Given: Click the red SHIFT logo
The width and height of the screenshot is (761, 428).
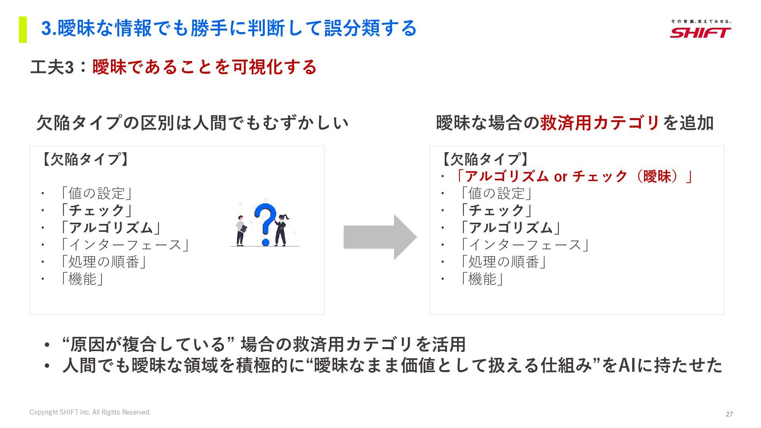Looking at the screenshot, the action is [x=700, y=32].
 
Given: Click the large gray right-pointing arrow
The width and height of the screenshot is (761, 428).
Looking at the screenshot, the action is [x=380, y=237].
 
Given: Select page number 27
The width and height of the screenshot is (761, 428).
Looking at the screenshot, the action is [x=729, y=414].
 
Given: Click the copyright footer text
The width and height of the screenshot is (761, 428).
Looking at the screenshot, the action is [x=90, y=412].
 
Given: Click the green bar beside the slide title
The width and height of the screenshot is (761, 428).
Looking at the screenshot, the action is [x=23, y=29].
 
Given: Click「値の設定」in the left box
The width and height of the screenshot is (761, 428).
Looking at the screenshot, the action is [x=96, y=193].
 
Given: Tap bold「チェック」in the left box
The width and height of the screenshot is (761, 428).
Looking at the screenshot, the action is [x=96, y=210].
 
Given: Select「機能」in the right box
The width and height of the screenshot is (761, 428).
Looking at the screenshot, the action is [x=482, y=279].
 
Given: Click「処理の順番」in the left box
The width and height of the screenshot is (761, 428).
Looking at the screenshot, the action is [x=103, y=262].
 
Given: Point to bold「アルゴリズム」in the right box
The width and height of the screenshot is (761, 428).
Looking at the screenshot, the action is [x=511, y=228].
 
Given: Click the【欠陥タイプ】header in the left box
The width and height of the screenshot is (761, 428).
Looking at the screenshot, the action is [x=85, y=159].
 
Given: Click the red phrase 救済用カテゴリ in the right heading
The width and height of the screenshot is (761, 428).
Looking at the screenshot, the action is [x=600, y=123].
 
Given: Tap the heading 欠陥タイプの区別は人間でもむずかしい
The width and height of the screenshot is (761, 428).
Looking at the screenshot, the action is [x=192, y=123].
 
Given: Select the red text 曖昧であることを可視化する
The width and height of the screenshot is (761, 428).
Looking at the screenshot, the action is [x=205, y=67].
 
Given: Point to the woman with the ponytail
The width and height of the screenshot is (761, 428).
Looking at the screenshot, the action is [x=281, y=230].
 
